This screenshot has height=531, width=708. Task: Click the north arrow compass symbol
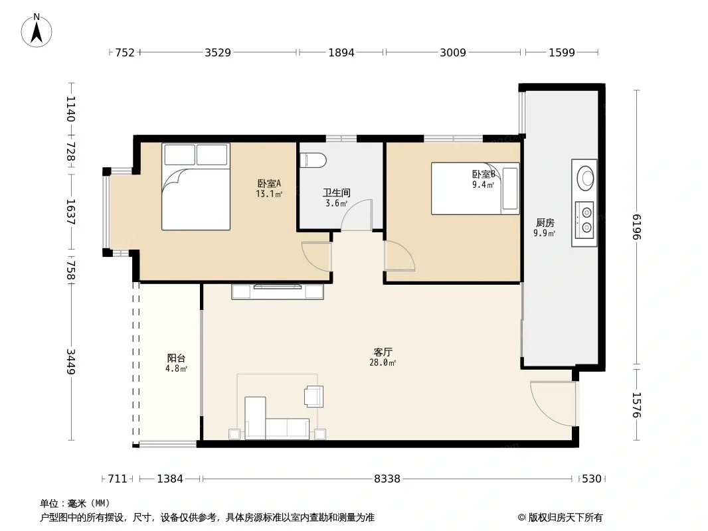[37, 31]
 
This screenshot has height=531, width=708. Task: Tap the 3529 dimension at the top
[218, 52]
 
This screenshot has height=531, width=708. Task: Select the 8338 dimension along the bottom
[387, 479]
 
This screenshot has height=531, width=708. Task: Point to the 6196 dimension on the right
[637, 227]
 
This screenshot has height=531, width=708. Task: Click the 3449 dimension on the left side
[71, 361]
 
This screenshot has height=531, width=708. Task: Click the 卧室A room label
[269, 184]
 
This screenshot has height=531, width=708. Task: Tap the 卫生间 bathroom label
[336, 192]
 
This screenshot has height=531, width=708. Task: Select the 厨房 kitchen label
[545, 222]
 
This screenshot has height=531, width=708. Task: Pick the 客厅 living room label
[383, 352]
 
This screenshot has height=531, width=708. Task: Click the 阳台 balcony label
[176, 358]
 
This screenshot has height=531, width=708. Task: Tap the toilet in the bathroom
[313, 160]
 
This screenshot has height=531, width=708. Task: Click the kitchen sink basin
[586, 178]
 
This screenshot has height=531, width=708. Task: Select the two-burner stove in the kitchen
[584, 220]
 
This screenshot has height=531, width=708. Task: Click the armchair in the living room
[313, 396]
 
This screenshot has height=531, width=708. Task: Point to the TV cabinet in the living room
[278, 292]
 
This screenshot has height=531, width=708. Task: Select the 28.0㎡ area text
[383, 362]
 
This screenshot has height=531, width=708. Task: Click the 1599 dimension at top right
[562, 52]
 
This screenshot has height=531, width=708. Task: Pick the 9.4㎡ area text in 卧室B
[483, 185]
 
